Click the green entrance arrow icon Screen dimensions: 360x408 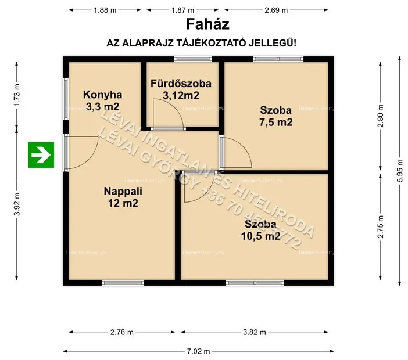click(41, 154)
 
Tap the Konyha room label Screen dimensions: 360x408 click(102, 95)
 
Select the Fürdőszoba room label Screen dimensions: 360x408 click(181, 84)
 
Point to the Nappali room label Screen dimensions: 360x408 click(123, 192)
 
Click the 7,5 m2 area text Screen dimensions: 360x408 click(276, 122)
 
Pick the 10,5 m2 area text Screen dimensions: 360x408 click(261, 236)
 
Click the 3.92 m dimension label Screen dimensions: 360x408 click(17, 204)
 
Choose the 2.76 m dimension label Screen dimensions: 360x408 click(121, 332)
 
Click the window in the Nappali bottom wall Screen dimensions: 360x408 click(123, 283)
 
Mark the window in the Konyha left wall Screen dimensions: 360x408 click(66, 94)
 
